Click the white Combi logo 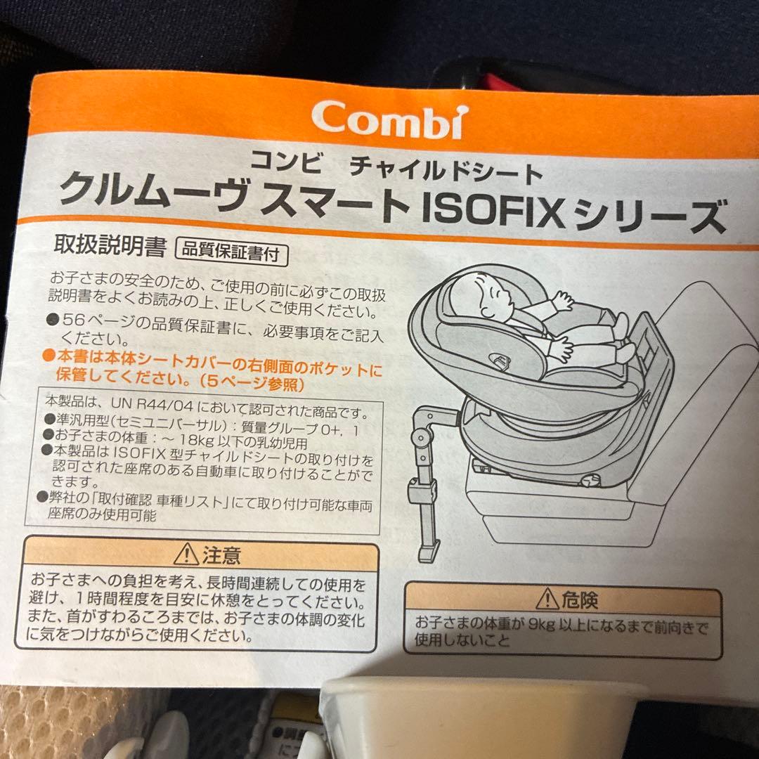point(388,119)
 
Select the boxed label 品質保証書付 point(231,253)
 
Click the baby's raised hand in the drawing point(562,301)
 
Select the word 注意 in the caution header point(221,556)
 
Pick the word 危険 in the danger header point(580,600)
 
